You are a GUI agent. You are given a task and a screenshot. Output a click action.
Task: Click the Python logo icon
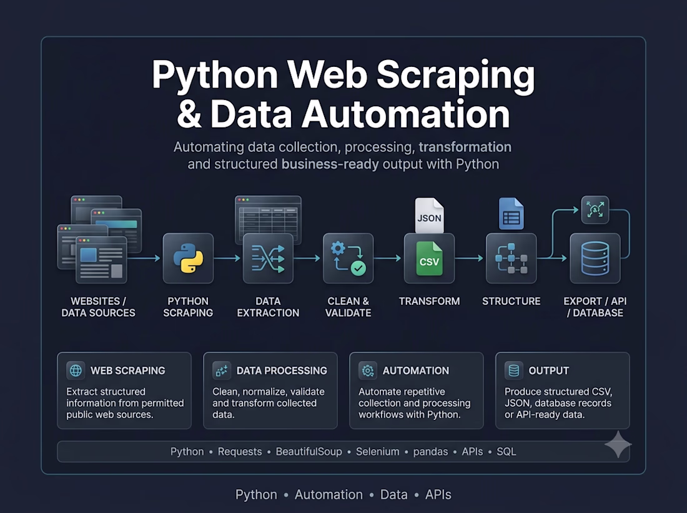188,258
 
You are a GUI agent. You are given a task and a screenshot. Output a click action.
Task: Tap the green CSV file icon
429,259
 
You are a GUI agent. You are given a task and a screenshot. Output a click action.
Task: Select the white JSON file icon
430,215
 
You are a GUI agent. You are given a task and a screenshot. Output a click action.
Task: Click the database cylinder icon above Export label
595,259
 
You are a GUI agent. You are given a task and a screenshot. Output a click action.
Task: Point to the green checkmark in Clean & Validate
358,268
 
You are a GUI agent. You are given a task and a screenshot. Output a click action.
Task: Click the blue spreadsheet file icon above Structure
512,214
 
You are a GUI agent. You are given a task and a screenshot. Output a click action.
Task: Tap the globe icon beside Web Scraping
76,371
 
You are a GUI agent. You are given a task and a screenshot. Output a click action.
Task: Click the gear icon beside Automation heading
368,371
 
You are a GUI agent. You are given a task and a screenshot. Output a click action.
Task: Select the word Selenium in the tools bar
377,452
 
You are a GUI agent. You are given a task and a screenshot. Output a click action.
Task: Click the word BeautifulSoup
309,452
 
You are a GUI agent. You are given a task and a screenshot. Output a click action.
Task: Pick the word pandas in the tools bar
430,452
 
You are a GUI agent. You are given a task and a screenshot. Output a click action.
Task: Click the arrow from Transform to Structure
470,258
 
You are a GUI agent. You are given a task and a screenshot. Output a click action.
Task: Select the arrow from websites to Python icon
144,258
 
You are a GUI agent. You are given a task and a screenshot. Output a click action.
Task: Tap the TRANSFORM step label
430,301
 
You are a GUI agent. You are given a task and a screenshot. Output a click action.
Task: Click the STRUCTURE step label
512,301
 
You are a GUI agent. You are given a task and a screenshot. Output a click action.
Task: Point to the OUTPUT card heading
548,371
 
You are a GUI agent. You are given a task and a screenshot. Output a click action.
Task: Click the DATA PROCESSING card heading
282,371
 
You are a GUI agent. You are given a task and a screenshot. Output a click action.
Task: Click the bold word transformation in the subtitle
465,147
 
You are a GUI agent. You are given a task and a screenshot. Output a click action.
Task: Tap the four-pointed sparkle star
618,445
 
